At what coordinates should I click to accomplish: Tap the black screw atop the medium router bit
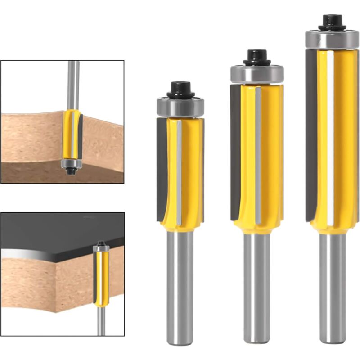(x=257, y=58)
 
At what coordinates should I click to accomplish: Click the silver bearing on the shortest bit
(x=180, y=107)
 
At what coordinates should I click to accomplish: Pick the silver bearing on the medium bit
(x=257, y=74)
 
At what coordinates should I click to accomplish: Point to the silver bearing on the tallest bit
(x=332, y=40)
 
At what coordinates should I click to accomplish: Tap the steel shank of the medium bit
(x=257, y=288)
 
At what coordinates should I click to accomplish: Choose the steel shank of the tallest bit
(x=332, y=288)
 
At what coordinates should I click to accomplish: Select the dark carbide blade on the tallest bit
(x=310, y=135)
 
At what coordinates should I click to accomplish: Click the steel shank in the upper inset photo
(x=73, y=83)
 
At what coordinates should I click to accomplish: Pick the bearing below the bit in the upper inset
(x=71, y=163)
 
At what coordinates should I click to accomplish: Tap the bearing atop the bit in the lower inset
(x=101, y=248)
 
